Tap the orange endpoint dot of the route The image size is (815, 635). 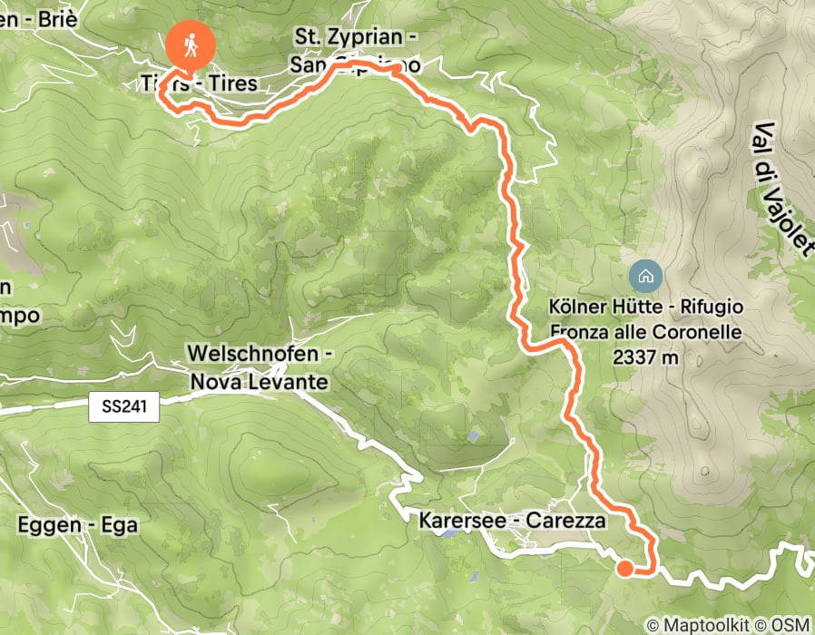625,569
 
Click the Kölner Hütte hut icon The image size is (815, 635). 645,276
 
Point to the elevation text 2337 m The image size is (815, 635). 645,357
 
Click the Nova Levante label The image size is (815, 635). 259,382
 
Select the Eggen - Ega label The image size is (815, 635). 77,525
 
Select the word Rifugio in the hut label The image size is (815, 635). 712,308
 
